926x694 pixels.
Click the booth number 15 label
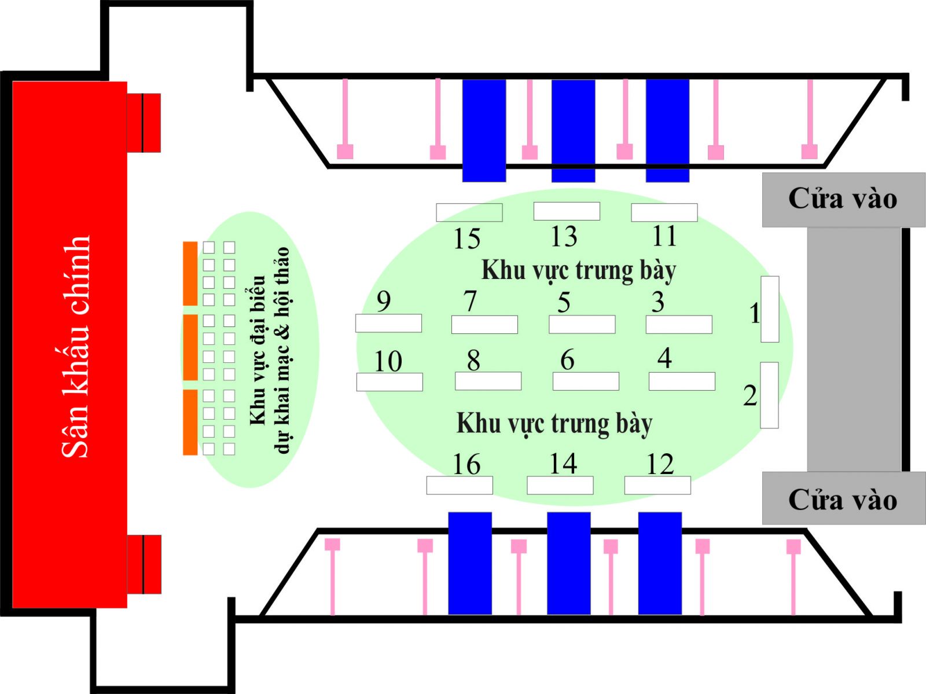467,239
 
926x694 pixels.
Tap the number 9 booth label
384,301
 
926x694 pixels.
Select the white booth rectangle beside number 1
770,309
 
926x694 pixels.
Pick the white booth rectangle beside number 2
769,395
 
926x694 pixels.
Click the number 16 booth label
466,464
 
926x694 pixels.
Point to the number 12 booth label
660,464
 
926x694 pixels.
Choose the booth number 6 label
567,360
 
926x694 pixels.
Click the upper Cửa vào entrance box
843,199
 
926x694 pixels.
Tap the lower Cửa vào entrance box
843,498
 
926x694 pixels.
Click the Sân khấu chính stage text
76,346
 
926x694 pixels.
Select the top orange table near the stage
190,273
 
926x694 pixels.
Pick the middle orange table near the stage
190,347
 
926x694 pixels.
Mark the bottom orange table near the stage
190,422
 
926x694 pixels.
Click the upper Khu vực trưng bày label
579,270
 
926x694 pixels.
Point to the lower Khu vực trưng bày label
554,423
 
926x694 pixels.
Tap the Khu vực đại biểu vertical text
270,350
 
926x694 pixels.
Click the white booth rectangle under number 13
567,211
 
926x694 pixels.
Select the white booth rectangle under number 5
582,325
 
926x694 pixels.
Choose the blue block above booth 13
573,131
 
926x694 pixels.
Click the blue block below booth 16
470,563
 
